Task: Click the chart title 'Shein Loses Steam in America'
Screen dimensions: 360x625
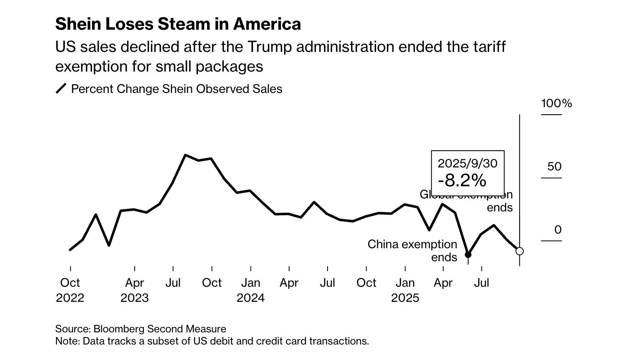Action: click(178, 24)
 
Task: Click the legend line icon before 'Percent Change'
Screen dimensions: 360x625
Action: click(61, 89)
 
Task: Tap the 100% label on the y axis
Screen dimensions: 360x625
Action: click(556, 103)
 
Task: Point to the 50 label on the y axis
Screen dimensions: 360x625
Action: click(554, 167)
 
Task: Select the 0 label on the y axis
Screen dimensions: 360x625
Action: click(558, 230)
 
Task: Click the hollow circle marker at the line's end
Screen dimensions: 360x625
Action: click(520, 251)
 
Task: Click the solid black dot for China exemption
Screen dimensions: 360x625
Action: click(468, 255)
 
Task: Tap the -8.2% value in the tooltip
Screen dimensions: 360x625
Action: click(462, 180)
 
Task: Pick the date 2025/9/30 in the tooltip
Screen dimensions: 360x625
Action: click(467, 163)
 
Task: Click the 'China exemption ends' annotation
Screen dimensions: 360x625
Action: click(412, 250)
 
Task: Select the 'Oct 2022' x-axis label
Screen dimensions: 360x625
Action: click(70, 290)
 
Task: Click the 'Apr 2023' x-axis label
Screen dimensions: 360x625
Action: click(134, 290)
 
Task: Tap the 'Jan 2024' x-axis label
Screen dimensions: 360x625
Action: click(251, 290)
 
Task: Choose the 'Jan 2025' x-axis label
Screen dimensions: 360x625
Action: click(405, 290)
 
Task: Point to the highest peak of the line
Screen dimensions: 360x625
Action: click(185, 155)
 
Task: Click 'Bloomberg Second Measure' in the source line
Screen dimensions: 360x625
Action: click(159, 329)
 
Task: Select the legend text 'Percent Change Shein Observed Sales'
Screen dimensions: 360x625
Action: click(177, 89)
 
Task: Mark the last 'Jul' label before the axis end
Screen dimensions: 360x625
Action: click(482, 283)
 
